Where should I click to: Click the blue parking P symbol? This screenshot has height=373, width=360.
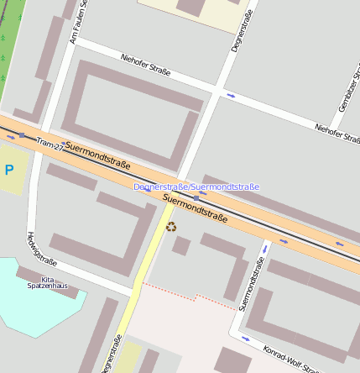pos(9,170)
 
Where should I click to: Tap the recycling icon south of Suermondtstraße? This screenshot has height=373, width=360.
pos(172,226)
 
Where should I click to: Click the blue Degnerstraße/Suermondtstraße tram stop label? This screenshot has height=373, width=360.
pos(196,186)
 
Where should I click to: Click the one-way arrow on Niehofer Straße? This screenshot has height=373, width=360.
pos(231,96)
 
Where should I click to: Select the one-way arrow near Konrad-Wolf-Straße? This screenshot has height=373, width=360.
pos(246,339)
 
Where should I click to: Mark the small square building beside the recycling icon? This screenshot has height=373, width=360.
pos(180,245)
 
